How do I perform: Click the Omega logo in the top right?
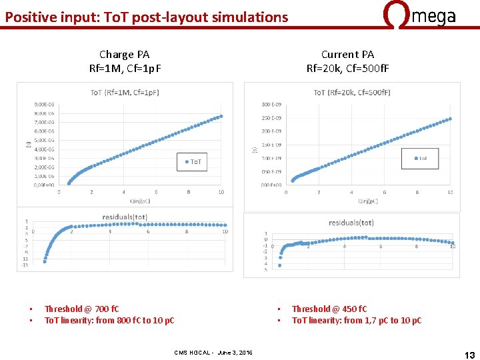pyautogui.click(x=421, y=15)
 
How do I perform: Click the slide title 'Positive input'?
pyautogui.click(x=147, y=17)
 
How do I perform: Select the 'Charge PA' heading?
pyautogui.click(x=125, y=55)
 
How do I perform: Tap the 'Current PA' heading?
pyautogui.click(x=347, y=55)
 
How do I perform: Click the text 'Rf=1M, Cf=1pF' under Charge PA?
pyautogui.click(x=125, y=68)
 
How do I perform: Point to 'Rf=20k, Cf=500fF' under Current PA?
pyautogui.click(x=347, y=68)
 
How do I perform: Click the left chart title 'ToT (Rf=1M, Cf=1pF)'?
pyautogui.click(x=125, y=92)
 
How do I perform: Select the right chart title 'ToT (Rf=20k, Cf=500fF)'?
pyautogui.click(x=352, y=92)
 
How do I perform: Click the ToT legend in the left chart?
pyautogui.click(x=191, y=162)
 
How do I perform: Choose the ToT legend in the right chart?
pyautogui.click(x=420, y=158)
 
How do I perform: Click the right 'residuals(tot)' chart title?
pyautogui.click(x=351, y=222)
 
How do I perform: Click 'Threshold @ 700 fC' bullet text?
pyautogui.click(x=81, y=309)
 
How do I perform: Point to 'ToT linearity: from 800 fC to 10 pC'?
pyautogui.click(x=109, y=321)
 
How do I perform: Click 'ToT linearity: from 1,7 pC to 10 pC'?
pyautogui.click(x=357, y=321)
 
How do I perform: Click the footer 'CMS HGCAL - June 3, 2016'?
pyautogui.click(x=213, y=352)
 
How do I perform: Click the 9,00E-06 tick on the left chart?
pyautogui.click(x=45, y=104)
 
